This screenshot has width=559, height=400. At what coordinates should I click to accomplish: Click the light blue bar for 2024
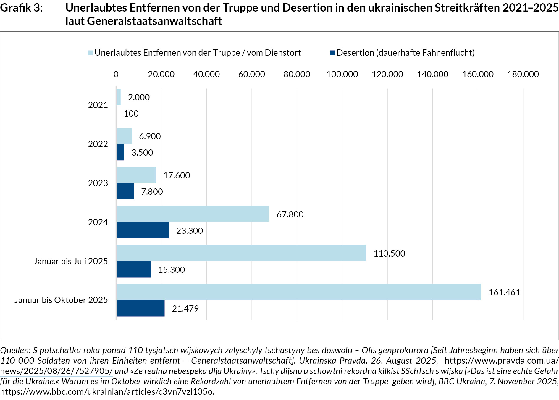pyautogui.click(x=193, y=214)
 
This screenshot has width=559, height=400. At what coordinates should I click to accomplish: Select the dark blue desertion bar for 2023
pyautogui.click(x=125, y=191)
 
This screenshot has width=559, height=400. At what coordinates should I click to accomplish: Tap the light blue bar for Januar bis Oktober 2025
pyautogui.click(x=298, y=292)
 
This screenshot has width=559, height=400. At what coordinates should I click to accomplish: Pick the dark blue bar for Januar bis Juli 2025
pyautogui.click(x=133, y=269)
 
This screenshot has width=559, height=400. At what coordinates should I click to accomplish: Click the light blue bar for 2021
pyautogui.click(x=118, y=97)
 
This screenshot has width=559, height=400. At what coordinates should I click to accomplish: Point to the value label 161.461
pyautogui.click(x=504, y=292)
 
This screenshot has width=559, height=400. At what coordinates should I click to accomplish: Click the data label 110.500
pyautogui.click(x=389, y=254)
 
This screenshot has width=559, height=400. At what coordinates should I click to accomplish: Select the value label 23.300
pyautogui.click(x=190, y=231)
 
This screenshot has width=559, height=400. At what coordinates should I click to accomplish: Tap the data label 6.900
pyautogui.click(x=150, y=136)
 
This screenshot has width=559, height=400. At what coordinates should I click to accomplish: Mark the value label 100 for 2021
pyautogui.click(x=131, y=114)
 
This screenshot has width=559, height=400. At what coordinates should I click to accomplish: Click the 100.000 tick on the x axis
pyautogui.click(x=342, y=74)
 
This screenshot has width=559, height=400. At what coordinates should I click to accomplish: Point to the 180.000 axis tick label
pyautogui.click(x=523, y=74)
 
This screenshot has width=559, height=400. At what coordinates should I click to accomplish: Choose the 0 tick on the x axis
pyautogui.click(x=116, y=74)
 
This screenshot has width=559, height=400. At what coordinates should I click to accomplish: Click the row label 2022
pyautogui.click(x=98, y=144)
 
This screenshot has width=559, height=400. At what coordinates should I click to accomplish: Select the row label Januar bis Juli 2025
pyautogui.click(x=71, y=261)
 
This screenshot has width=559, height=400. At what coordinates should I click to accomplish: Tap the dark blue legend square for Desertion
pyautogui.click(x=332, y=53)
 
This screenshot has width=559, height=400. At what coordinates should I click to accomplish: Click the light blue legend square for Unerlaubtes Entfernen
pyautogui.click(x=90, y=53)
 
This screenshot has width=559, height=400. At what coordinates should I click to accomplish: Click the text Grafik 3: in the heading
pyautogui.click(x=21, y=8)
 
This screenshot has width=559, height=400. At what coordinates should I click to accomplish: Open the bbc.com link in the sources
pyautogui.click(x=106, y=392)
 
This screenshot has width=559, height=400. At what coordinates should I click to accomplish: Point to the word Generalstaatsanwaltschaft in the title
pyautogui.click(x=154, y=21)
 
